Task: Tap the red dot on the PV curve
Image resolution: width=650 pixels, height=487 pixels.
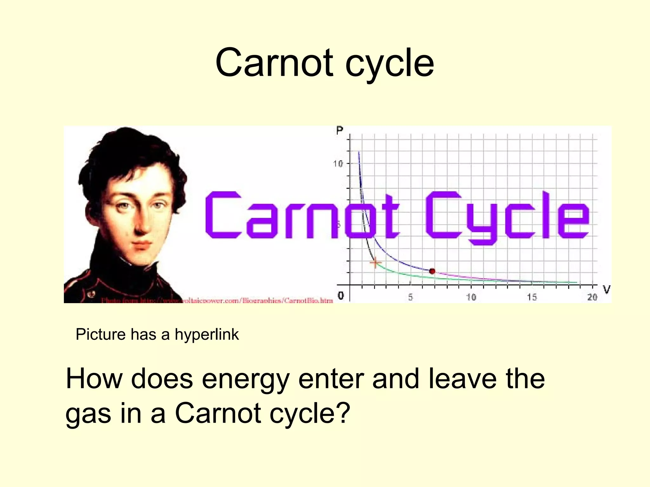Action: (x=432, y=271)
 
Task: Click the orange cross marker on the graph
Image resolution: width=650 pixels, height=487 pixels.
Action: (x=375, y=263)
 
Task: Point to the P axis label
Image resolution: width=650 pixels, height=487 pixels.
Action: (x=340, y=130)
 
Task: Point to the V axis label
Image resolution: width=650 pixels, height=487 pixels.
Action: (x=607, y=289)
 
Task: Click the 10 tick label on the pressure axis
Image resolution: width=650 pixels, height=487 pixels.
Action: (x=338, y=164)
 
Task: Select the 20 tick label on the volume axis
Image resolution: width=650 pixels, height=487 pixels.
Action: (x=592, y=297)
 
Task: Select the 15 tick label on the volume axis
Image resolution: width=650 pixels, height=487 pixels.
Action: (x=532, y=297)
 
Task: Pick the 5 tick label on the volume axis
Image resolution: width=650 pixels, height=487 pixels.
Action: (x=410, y=297)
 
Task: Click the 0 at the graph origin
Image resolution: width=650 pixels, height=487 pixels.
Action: (x=341, y=295)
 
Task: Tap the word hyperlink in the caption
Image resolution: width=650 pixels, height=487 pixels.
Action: (x=207, y=335)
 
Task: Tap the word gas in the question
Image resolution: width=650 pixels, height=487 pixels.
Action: (x=89, y=414)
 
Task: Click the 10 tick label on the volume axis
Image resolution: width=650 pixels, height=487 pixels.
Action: (x=471, y=297)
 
